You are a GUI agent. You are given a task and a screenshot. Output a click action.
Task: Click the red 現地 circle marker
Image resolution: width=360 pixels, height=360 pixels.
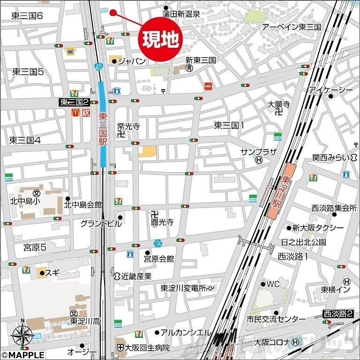click(160, 40)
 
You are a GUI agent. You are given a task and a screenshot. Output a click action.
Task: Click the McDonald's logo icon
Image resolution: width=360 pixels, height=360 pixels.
click(74, 112)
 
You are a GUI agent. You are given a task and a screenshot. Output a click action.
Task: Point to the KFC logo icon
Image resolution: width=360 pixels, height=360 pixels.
click(85, 112)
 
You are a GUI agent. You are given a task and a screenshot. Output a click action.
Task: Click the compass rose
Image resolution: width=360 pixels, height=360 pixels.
click(22, 335)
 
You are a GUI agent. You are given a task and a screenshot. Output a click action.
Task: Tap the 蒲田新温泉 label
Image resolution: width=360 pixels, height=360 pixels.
click(181, 14)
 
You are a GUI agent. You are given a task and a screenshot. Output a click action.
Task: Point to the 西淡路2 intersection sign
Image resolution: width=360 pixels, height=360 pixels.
click(337, 314)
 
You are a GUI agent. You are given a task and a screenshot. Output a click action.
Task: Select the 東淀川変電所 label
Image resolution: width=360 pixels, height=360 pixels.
click(184, 288)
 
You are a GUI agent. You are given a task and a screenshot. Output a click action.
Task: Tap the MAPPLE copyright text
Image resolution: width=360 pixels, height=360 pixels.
click(23, 355)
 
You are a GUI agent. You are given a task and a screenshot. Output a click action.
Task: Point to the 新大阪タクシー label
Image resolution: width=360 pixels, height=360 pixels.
click(318, 228)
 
